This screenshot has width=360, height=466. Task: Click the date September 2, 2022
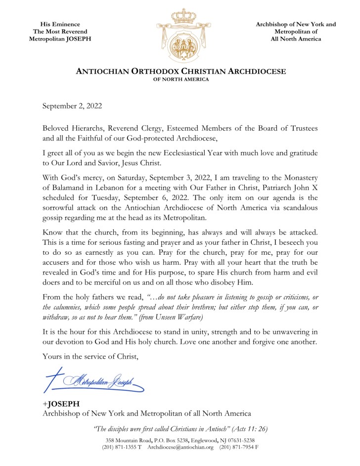coord(73,105)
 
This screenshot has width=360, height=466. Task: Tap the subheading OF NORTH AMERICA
coord(180,79)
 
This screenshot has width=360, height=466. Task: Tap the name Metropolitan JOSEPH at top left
coord(60,39)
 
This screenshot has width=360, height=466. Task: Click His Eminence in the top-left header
coord(60,24)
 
